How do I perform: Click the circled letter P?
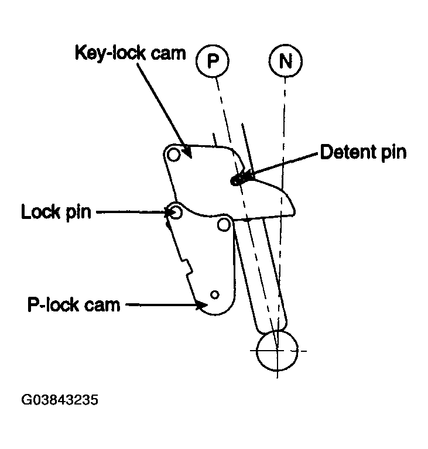[x=213, y=61]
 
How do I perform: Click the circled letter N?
[x=285, y=61]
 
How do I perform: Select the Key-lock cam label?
[x=131, y=53]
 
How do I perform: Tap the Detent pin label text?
[x=363, y=152]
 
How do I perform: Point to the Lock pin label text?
[x=56, y=212]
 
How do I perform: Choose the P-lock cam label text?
[x=74, y=304]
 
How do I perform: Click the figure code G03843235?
[x=60, y=400]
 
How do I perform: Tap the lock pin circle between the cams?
[x=174, y=212]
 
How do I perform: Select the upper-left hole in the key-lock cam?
[x=173, y=155]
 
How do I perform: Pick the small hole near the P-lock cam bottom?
[x=214, y=294]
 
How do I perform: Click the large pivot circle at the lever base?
[x=277, y=350]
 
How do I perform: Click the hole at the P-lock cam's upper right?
[x=224, y=225]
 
